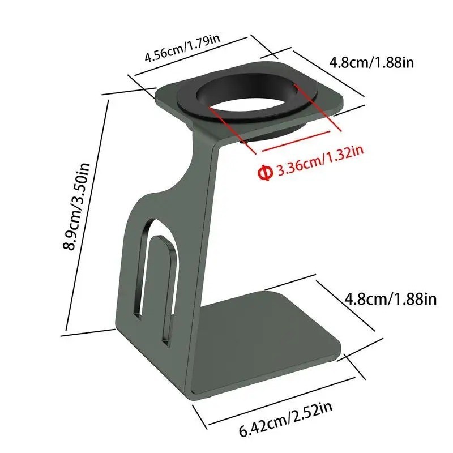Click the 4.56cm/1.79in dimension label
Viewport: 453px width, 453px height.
(182, 48)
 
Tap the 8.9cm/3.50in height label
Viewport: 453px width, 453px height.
(76, 207)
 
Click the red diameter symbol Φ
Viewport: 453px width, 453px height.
(265, 173)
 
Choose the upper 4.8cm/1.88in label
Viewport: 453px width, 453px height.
(372, 62)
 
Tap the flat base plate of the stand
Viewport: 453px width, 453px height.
(268, 341)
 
